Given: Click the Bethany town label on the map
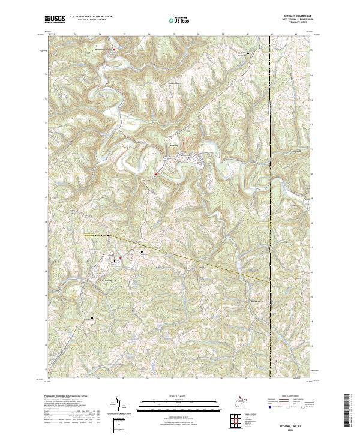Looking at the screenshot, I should pos(173,146).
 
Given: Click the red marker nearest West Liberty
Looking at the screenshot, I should pos(120,259).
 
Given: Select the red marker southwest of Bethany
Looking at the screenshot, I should pos(155,175).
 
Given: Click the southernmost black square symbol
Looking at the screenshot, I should pos(92,317).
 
